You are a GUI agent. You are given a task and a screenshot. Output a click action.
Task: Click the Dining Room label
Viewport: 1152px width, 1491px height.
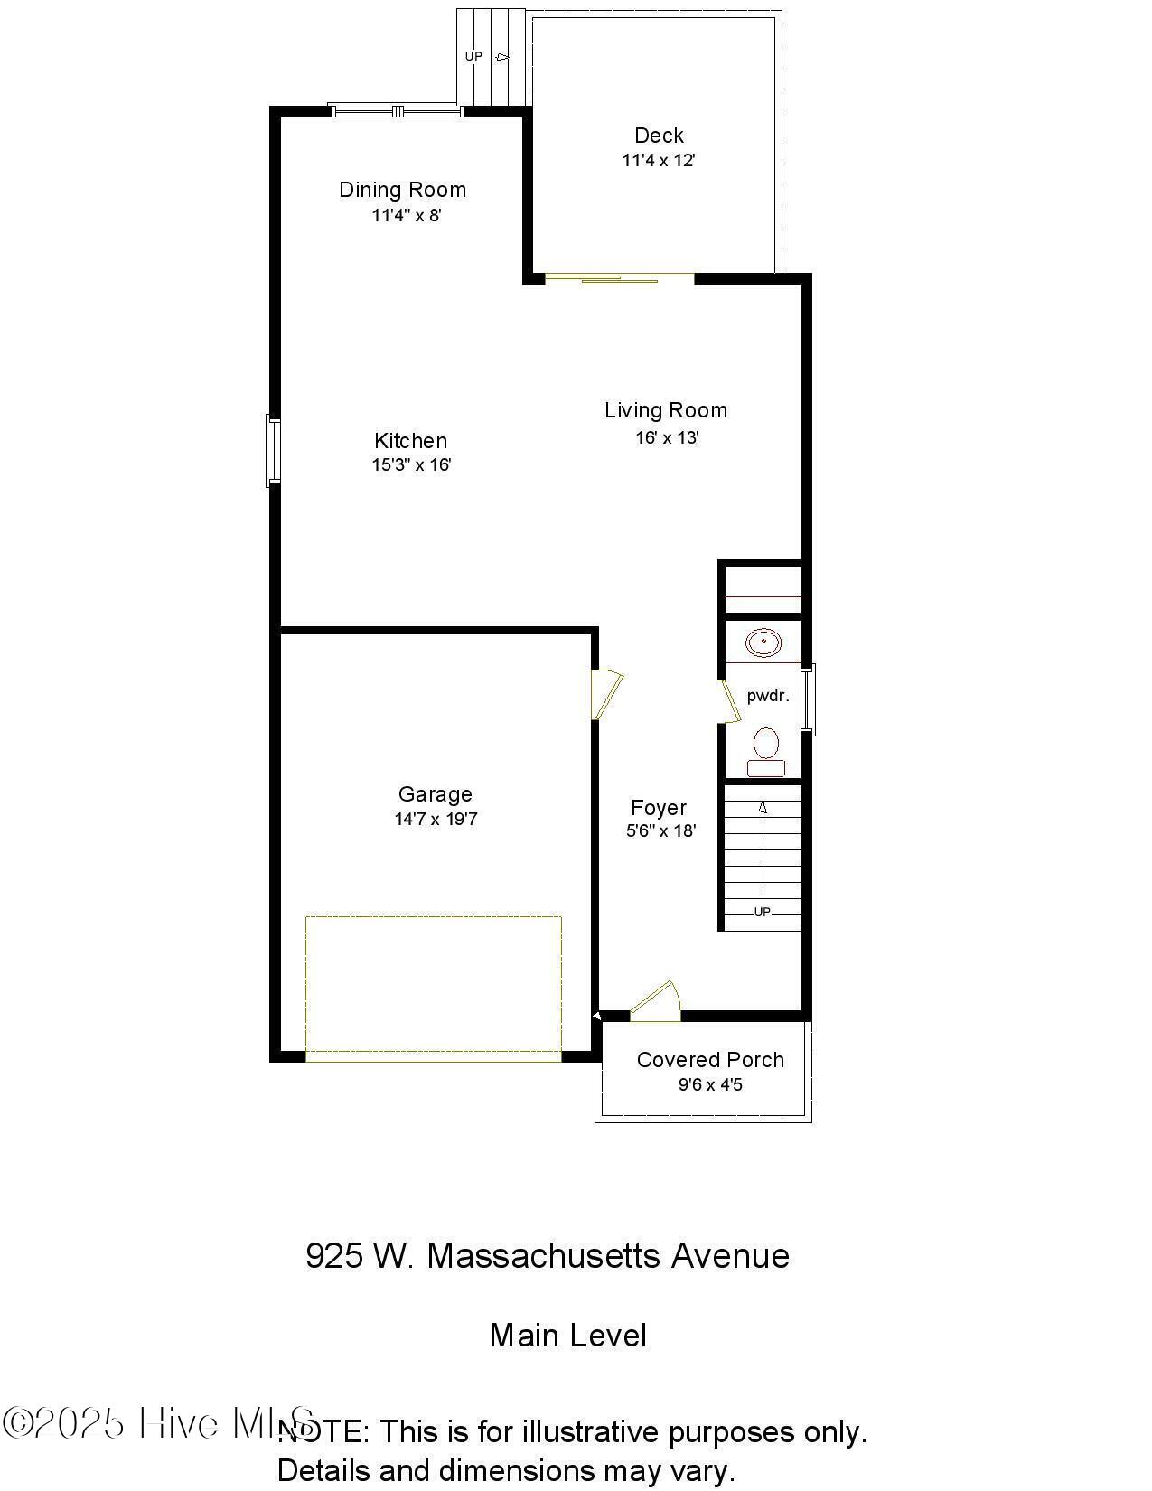click(x=402, y=190)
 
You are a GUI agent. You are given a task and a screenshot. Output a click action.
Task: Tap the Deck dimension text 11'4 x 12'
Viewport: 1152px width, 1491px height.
click(x=659, y=161)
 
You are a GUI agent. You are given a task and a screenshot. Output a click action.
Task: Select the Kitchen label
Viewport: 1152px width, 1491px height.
click(x=410, y=441)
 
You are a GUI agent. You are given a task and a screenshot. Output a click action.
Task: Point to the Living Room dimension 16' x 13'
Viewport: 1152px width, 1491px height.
click(x=667, y=438)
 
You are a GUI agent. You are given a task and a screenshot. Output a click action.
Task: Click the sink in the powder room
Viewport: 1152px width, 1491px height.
click(x=763, y=643)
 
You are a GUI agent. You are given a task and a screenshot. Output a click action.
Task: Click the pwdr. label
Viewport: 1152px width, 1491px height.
click(x=767, y=696)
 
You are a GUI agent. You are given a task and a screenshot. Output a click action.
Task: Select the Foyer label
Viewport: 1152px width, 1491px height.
click(x=658, y=808)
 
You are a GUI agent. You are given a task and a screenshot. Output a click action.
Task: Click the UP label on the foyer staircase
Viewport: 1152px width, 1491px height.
click(x=762, y=912)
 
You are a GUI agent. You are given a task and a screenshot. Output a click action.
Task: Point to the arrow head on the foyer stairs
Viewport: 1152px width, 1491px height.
click(x=763, y=806)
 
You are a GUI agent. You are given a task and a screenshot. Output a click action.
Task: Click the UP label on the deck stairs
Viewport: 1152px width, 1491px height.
click(x=473, y=56)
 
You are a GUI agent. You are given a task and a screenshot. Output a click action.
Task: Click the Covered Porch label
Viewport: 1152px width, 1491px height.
click(x=710, y=1060)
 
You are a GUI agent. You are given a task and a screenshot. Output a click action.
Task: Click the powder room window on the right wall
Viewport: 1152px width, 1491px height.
click(x=810, y=699)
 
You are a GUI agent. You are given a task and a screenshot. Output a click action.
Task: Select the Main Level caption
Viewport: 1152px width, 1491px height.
click(x=567, y=1336)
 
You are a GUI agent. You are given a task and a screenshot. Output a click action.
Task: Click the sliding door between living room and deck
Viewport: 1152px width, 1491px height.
click(x=620, y=278)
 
